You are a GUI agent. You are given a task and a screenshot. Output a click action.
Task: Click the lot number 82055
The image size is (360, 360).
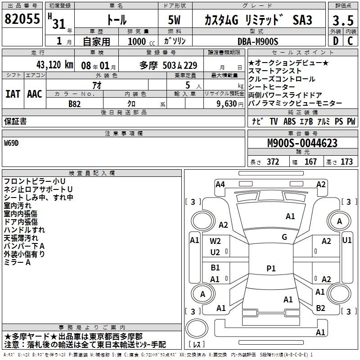pyautogui.click(x=22, y=19)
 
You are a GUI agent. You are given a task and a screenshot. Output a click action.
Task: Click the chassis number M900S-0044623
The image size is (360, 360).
pyautogui.click(x=302, y=143)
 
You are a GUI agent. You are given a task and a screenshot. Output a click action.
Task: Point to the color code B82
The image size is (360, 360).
pyautogui.click(x=74, y=103)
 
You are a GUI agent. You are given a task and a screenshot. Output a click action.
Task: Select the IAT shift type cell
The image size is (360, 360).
pyautogui.click(x=13, y=94)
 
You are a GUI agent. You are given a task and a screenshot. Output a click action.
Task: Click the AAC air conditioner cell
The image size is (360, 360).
pyautogui.click(x=35, y=94)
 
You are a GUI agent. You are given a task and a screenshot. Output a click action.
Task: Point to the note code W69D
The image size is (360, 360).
pyautogui.click(x=13, y=143)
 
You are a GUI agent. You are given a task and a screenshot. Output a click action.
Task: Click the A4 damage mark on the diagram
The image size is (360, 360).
pyautogui.click(x=220, y=184)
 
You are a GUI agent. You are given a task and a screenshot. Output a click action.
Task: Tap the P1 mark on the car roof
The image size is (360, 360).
pyautogui.click(x=270, y=268)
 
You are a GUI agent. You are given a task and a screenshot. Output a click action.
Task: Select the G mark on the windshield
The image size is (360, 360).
pyautogui.click(x=284, y=237)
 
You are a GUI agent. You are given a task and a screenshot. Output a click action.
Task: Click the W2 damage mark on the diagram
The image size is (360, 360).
pyautogui.click(x=216, y=241)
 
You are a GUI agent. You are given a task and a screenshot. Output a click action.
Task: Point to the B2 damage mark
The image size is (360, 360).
pyautogui.click(x=320, y=308)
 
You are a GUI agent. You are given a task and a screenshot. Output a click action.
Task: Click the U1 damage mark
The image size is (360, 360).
pyautogui.click(x=347, y=240)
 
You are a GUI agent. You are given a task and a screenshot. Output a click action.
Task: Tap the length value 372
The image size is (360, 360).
pyautogui.click(x=273, y=162)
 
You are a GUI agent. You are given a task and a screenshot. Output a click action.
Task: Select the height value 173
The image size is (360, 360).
pyautogui.click(x=346, y=162)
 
